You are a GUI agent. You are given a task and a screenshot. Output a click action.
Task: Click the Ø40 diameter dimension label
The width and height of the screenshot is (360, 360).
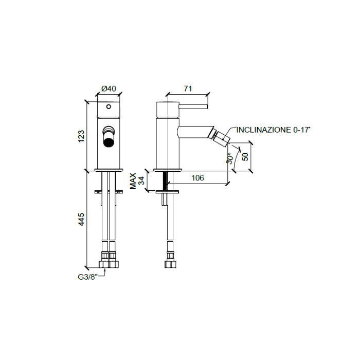(x=109, y=88)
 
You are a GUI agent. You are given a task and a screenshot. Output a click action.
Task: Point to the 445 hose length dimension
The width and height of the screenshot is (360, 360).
(x=81, y=219)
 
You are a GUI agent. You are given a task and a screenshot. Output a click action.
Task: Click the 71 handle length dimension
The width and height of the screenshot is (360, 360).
(x=188, y=88)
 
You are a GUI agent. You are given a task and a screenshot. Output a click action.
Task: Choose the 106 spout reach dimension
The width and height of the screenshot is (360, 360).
(x=197, y=178)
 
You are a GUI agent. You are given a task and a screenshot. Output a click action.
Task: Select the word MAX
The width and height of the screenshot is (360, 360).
(x=133, y=181)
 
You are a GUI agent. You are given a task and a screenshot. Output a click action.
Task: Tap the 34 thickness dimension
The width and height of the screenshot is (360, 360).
(x=141, y=181)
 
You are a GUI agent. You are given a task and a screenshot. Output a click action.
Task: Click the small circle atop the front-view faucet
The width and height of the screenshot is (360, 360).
(x=109, y=106)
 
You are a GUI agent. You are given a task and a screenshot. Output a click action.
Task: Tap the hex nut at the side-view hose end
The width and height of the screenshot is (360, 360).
(x=169, y=265)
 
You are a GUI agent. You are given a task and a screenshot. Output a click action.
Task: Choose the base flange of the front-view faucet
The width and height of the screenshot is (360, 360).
(x=109, y=170)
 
